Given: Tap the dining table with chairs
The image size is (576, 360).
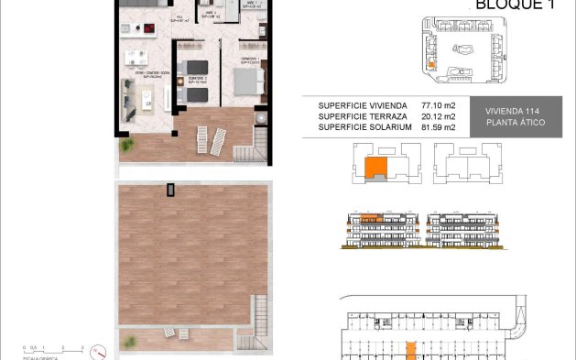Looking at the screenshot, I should click(x=137, y=59).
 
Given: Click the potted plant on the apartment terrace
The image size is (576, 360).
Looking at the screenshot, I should click(x=123, y=146).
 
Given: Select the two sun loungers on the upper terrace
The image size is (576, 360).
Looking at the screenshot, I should click(x=212, y=138).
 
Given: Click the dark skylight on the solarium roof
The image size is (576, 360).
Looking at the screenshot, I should click(x=169, y=190).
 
